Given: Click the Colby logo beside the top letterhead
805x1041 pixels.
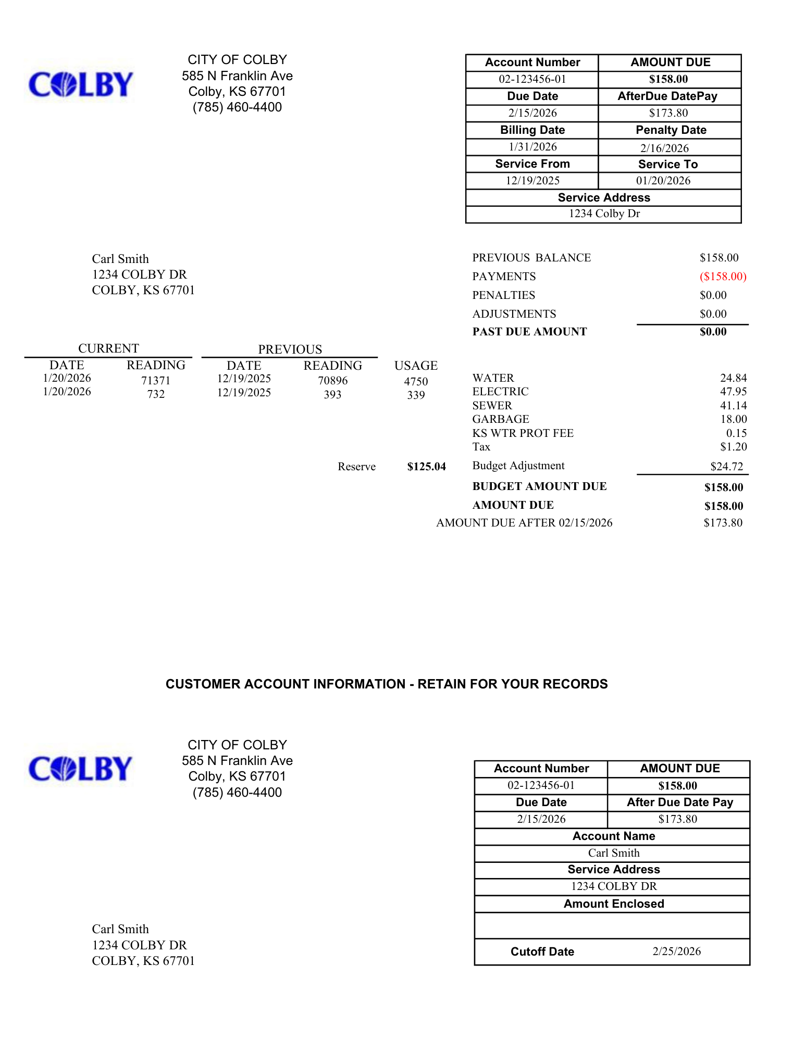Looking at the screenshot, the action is (81, 84).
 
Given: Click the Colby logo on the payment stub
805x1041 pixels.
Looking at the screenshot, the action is (81, 769).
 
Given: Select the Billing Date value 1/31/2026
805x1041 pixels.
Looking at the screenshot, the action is (532, 147).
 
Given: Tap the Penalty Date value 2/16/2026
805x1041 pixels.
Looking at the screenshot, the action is (664, 148).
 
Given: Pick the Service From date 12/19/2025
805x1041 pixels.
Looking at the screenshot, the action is (532, 181).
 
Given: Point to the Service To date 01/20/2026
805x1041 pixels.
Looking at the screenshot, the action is (663, 181).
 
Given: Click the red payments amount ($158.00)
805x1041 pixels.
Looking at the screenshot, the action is (723, 277).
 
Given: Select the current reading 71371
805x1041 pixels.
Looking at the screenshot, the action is (156, 381).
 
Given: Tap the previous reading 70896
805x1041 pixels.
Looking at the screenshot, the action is (332, 381).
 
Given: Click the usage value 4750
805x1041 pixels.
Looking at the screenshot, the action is (416, 382).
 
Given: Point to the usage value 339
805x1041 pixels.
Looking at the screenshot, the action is (416, 395).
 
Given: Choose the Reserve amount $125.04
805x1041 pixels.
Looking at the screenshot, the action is (426, 467).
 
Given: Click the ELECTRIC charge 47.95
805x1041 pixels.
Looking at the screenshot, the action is (733, 392).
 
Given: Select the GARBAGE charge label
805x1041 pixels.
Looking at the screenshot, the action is (500, 419).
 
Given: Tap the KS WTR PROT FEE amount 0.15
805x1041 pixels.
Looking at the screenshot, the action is (736, 433).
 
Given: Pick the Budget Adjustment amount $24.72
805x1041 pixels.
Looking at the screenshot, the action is (726, 467).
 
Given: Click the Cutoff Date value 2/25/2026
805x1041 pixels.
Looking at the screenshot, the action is (676, 951).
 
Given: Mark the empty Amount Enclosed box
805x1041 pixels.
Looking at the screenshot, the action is (612, 925).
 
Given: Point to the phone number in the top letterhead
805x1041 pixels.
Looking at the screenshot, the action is (237, 107).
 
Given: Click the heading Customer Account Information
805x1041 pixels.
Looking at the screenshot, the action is (387, 684).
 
